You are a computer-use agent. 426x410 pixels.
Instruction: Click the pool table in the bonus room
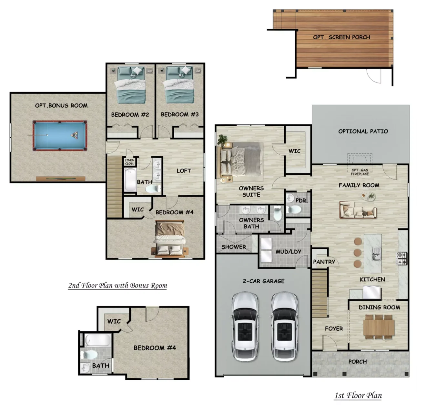click(60, 136)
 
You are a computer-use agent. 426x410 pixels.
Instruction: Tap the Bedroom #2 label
click(130, 114)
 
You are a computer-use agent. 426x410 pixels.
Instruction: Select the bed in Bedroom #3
click(179, 85)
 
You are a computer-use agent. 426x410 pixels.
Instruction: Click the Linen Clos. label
click(129, 162)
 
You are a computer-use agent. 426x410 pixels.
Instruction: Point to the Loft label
click(184, 171)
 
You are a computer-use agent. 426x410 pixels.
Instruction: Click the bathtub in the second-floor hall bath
click(130, 180)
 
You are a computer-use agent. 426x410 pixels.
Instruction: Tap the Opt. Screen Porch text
click(341, 37)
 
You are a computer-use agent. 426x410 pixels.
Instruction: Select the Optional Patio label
click(363, 132)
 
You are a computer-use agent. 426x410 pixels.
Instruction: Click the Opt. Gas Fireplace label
click(360, 172)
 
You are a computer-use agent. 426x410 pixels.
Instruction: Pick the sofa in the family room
click(358, 210)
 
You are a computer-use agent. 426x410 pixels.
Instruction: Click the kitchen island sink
click(377, 254)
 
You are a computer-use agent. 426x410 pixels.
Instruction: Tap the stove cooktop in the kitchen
click(402, 259)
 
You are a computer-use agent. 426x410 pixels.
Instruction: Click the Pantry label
click(324, 262)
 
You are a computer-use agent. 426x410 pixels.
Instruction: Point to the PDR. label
click(302, 200)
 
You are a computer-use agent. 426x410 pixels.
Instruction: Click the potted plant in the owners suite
click(222, 139)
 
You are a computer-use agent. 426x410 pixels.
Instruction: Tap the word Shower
click(234, 247)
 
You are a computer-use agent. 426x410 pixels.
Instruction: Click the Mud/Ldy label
click(288, 252)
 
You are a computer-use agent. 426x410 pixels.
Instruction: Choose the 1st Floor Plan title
click(358, 395)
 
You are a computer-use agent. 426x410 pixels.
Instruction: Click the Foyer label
click(334, 329)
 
